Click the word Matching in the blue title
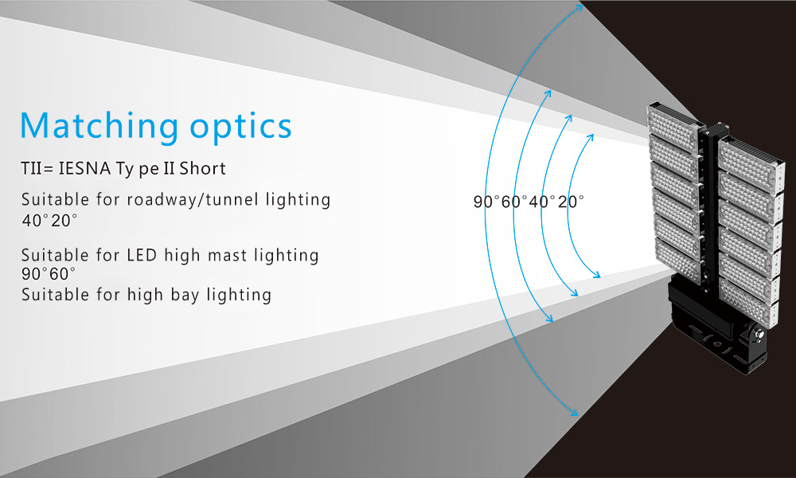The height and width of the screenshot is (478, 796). (x=99, y=127)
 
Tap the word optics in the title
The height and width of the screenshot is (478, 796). (x=241, y=127)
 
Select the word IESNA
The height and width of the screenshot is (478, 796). (x=85, y=168)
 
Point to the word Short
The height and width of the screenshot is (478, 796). (x=202, y=168)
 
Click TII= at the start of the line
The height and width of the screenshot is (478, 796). (x=37, y=168)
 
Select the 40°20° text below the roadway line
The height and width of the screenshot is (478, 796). (x=49, y=221)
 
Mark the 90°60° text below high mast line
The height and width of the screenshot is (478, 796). (x=49, y=274)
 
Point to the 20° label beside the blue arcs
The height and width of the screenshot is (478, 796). (x=571, y=202)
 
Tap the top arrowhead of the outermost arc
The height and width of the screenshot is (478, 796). (x=579, y=7)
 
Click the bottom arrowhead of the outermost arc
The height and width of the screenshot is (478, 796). (x=575, y=413)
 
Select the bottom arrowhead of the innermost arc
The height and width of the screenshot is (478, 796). (x=597, y=275)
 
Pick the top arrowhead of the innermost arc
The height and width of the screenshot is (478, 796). (x=591, y=137)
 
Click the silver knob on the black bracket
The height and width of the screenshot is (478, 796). (x=759, y=334)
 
